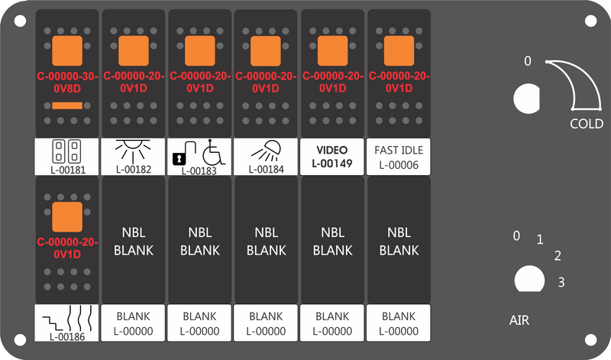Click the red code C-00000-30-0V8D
point(67,83)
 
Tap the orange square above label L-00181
point(67,50)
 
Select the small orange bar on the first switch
point(67,105)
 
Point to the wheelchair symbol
point(214,152)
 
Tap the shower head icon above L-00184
point(266,151)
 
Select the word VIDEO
point(332,150)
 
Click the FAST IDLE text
point(399,150)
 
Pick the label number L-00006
point(399,165)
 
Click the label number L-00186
point(67,336)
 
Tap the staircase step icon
point(52,323)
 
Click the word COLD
point(587,124)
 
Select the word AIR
point(519,320)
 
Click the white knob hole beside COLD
point(526,99)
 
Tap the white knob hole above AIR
point(529,279)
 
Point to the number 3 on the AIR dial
point(561,282)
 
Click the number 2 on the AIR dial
point(558,256)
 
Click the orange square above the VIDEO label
point(332,50)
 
